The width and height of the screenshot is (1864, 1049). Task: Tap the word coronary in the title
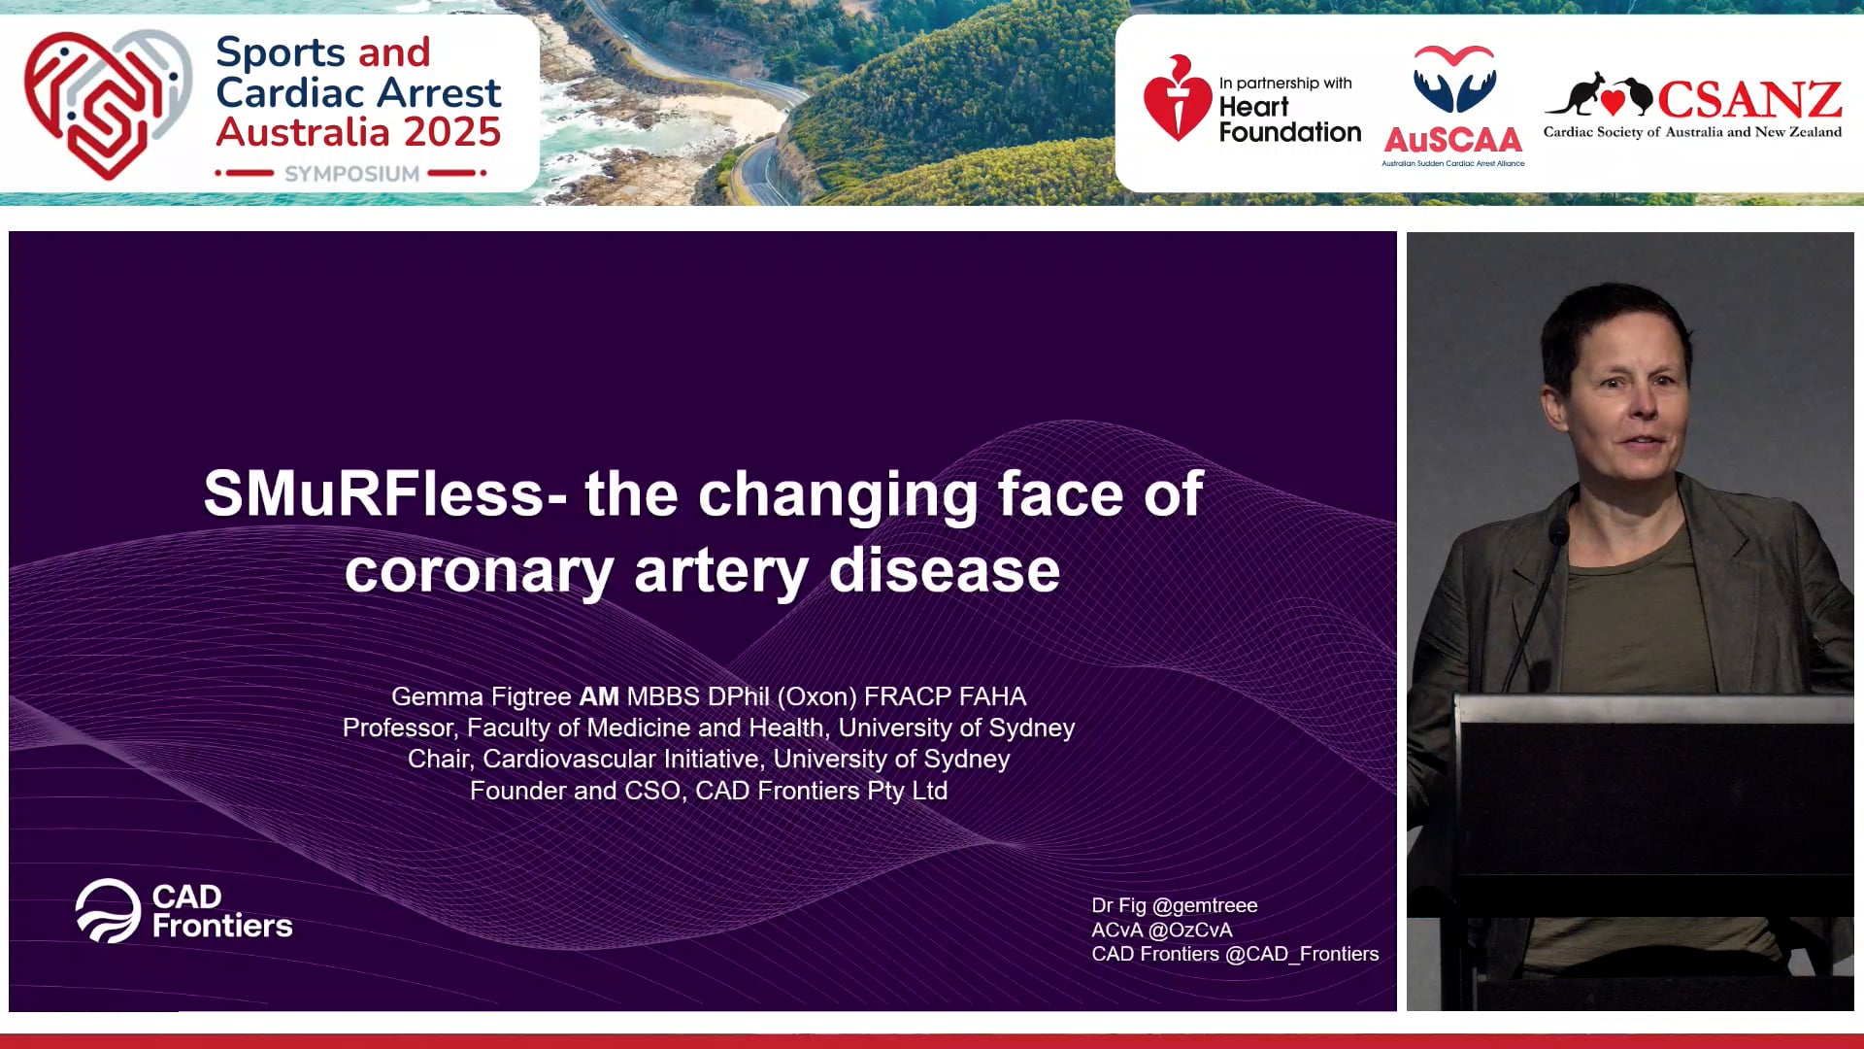click(x=479, y=570)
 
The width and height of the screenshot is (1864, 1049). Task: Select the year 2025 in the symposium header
click(x=452, y=132)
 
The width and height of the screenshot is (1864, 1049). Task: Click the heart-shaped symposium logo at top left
click(x=105, y=102)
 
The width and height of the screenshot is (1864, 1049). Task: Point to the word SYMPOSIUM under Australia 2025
click(x=351, y=174)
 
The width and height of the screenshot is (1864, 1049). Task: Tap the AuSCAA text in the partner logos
click(x=1452, y=141)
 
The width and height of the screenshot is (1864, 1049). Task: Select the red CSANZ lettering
click(x=1749, y=99)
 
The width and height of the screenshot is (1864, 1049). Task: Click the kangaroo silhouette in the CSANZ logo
click(x=1576, y=94)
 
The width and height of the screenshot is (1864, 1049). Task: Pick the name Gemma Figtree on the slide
click(x=481, y=696)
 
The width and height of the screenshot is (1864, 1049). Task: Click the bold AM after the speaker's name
click(x=599, y=696)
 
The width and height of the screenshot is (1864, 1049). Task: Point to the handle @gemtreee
click(x=1204, y=905)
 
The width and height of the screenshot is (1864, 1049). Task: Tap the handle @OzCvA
click(x=1189, y=930)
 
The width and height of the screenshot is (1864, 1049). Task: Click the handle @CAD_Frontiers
click(x=1301, y=954)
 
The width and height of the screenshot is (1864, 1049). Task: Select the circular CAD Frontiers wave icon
click(x=108, y=911)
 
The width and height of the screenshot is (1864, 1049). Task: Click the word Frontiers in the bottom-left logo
click(x=222, y=926)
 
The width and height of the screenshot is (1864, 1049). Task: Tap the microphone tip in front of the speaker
click(x=1559, y=531)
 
